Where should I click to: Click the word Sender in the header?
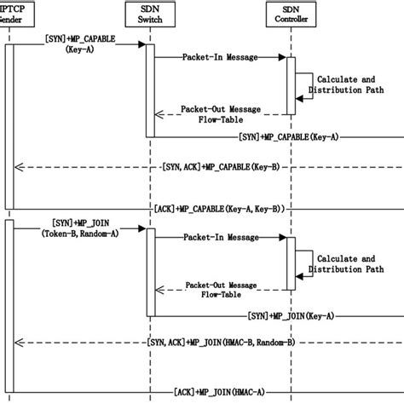click(10, 19)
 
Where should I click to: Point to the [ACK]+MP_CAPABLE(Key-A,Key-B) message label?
click(219, 208)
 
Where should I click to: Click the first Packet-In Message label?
click(218, 57)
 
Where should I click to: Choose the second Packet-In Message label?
click(218, 239)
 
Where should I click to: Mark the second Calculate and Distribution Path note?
click(345, 265)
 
